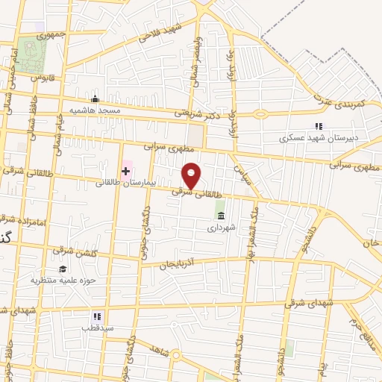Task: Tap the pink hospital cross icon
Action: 125,171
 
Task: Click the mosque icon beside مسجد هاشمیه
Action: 95,99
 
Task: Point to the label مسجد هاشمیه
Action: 95,110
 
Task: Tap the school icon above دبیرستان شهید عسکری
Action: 319,126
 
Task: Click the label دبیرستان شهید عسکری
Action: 309,137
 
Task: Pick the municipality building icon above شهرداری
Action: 220,216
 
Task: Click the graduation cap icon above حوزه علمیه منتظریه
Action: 63,269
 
